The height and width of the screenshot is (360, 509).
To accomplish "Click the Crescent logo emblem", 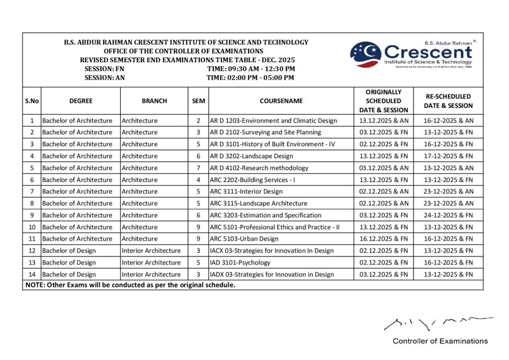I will (365, 55).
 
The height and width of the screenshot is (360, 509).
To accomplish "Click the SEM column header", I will (198, 100).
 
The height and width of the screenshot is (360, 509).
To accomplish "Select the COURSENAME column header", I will (281, 100).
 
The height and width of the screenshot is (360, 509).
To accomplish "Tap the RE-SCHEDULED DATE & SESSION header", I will (448, 100).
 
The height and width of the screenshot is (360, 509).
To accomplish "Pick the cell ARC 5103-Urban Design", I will (244, 239).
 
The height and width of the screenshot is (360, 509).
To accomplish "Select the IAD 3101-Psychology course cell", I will (240, 263).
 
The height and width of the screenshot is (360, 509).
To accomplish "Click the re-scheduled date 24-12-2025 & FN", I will (448, 215).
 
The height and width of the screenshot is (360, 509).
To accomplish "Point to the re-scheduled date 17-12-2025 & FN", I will (448, 156).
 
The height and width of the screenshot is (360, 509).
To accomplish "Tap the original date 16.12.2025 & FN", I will (383, 239).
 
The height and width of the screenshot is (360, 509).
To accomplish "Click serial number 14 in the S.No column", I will (32, 274).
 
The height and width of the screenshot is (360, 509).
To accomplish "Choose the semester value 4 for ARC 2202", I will (198, 180).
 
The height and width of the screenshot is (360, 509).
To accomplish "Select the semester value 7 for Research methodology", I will (198, 168).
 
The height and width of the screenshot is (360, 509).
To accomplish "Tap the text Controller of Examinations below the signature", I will (440, 341).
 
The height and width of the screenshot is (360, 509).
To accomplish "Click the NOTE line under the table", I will (129, 285).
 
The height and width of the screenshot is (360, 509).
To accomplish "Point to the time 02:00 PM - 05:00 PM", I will (250, 78).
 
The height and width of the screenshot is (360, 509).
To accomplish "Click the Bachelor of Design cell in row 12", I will (69, 251).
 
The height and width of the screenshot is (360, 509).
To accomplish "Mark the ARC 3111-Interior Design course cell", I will (246, 191).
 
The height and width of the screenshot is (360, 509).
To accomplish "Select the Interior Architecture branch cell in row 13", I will (151, 263).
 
